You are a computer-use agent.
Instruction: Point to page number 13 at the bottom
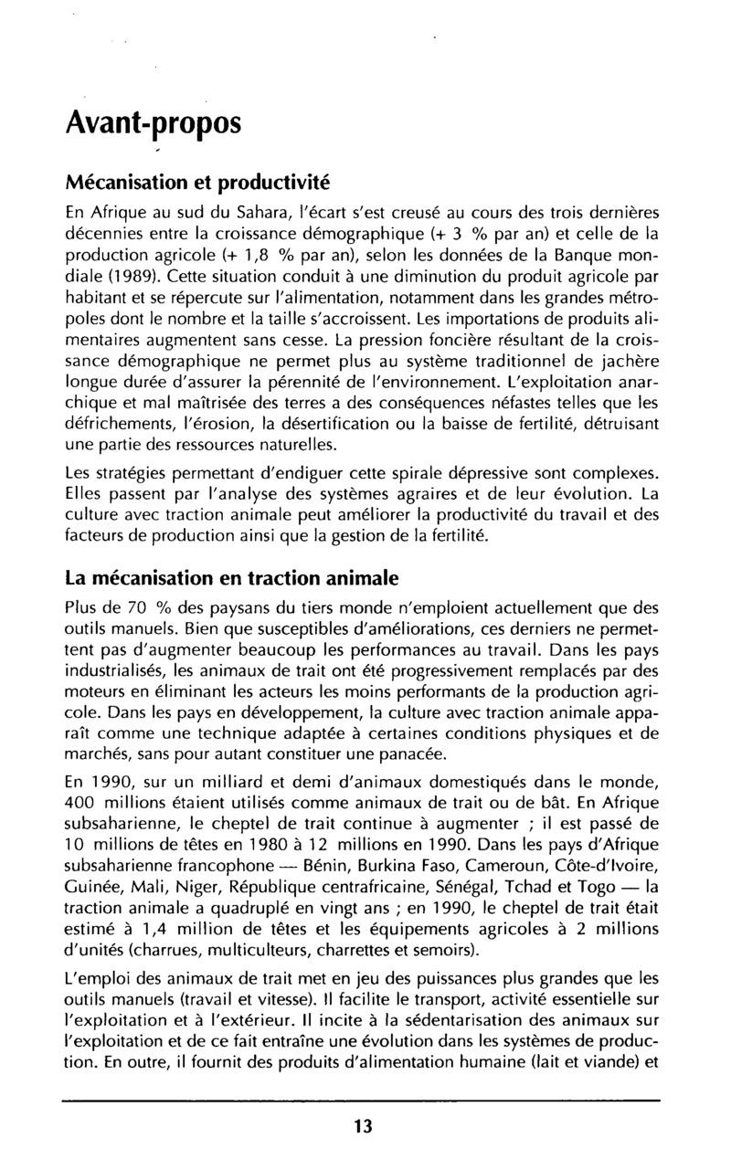(363, 1125)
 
